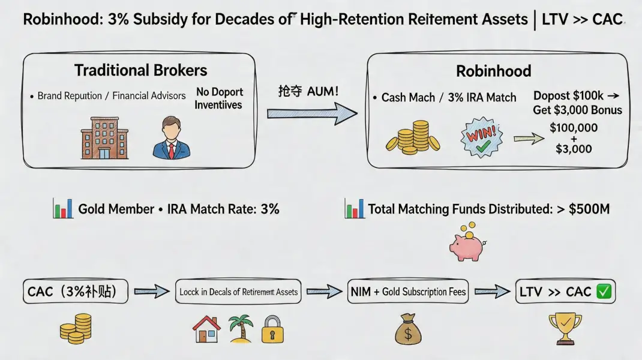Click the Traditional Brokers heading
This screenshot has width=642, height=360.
140,70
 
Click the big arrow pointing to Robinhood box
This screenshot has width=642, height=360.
312,113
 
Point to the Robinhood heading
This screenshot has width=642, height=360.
493,71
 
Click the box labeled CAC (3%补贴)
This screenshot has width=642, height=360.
76,292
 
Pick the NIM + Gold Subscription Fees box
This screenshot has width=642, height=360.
408,292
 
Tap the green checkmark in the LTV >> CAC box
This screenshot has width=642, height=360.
604,292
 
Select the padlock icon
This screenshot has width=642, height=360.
272,330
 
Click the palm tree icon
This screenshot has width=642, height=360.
239,329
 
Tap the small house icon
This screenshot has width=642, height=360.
206,329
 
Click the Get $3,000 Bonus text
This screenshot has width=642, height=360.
577,110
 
